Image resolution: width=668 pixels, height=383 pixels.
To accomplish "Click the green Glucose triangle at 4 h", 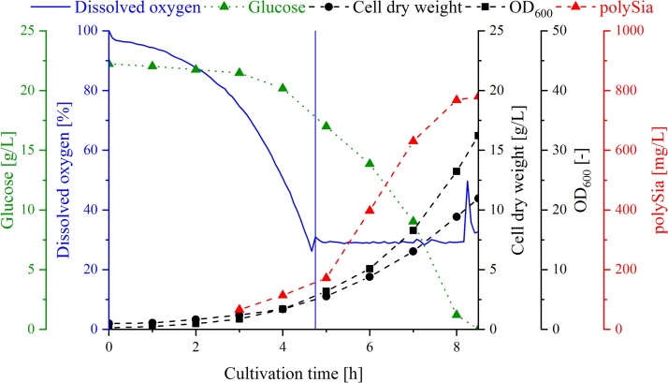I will click(283, 88).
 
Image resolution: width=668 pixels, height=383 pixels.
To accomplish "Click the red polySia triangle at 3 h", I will click(240, 309).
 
